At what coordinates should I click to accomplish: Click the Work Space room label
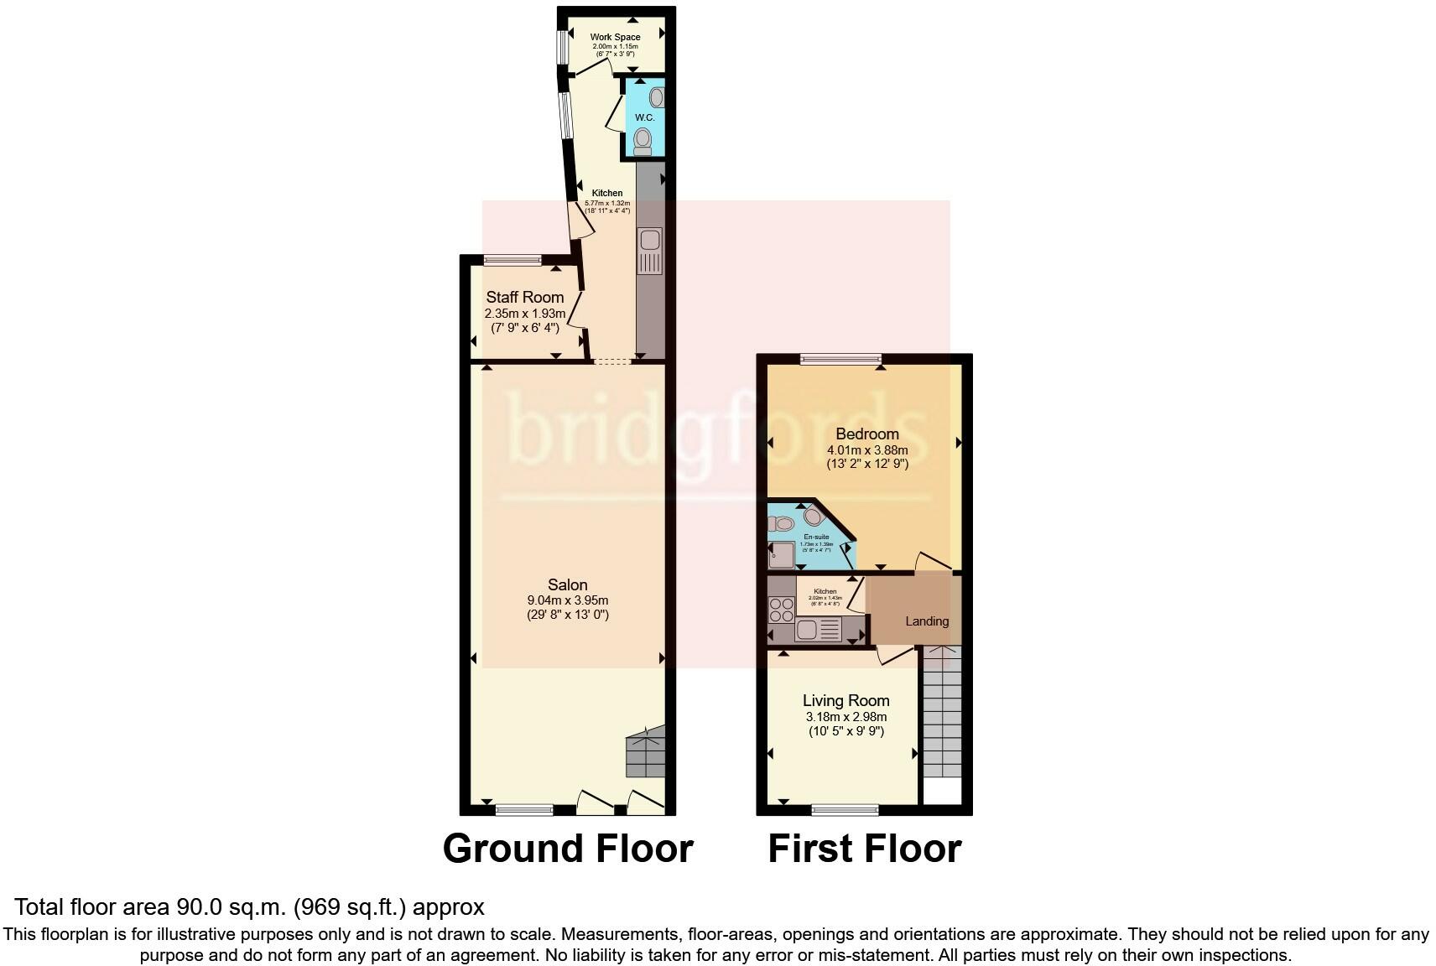click(615, 37)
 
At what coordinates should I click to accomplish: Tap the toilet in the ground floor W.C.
click(643, 140)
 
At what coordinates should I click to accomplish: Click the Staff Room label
click(525, 297)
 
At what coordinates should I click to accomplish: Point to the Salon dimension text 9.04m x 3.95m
click(567, 600)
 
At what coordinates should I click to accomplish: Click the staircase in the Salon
click(645, 752)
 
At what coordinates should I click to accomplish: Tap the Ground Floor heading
click(568, 849)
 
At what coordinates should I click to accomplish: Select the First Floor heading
click(864, 849)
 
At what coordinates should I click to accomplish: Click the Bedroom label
click(867, 434)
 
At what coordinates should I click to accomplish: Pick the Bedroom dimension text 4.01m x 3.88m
click(867, 449)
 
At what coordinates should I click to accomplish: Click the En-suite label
click(816, 537)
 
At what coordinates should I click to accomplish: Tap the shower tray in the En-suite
click(782, 555)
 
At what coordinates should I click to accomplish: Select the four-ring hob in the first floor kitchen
click(782, 609)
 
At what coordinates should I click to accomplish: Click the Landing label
click(927, 621)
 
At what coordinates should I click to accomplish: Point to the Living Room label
click(845, 700)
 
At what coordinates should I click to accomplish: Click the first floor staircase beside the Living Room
click(942, 713)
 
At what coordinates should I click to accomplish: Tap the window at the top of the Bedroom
click(840, 360)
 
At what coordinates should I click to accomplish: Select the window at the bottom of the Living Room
click(845, 810)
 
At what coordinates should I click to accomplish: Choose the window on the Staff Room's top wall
click(512, 260)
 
